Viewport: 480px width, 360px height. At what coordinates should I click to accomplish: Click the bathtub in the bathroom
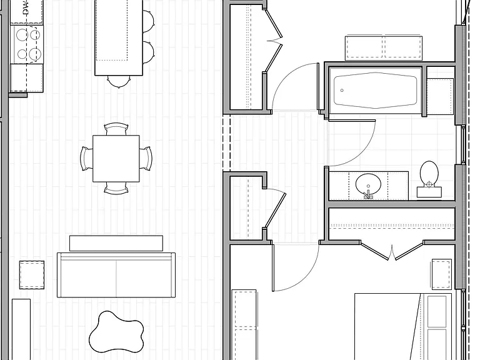tap(375, 90)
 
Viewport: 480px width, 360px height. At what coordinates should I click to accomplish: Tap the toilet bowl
tap(429, 173)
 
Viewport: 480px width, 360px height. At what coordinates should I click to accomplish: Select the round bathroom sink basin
tap(368, 184)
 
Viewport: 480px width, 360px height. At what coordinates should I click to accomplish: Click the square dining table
tap(116, 159)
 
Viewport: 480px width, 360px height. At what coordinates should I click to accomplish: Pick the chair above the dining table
tap(116, 129)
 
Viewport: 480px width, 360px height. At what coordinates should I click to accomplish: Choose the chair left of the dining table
tap(86, 159)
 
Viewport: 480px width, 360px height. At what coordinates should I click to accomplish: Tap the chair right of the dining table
tap(146, 159)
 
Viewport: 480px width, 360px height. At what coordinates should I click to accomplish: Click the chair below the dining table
tap(116, 188)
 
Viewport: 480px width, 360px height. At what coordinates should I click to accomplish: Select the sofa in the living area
tap(116, 275)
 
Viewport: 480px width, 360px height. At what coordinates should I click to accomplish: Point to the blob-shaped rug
tap(116, 332)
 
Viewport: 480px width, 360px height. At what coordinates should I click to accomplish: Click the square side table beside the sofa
tap(32, 275)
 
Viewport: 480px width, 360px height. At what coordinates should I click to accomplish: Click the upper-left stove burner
tap(22, 34)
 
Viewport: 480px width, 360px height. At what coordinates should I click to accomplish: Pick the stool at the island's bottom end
tap(119, 82)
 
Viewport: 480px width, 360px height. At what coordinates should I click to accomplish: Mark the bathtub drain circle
tap(342, 90)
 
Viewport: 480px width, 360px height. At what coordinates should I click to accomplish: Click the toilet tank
tap(429, 192)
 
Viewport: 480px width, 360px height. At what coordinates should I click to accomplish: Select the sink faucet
tap(368, 194)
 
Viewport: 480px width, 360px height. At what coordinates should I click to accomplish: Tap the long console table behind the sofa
tap(116, 243)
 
